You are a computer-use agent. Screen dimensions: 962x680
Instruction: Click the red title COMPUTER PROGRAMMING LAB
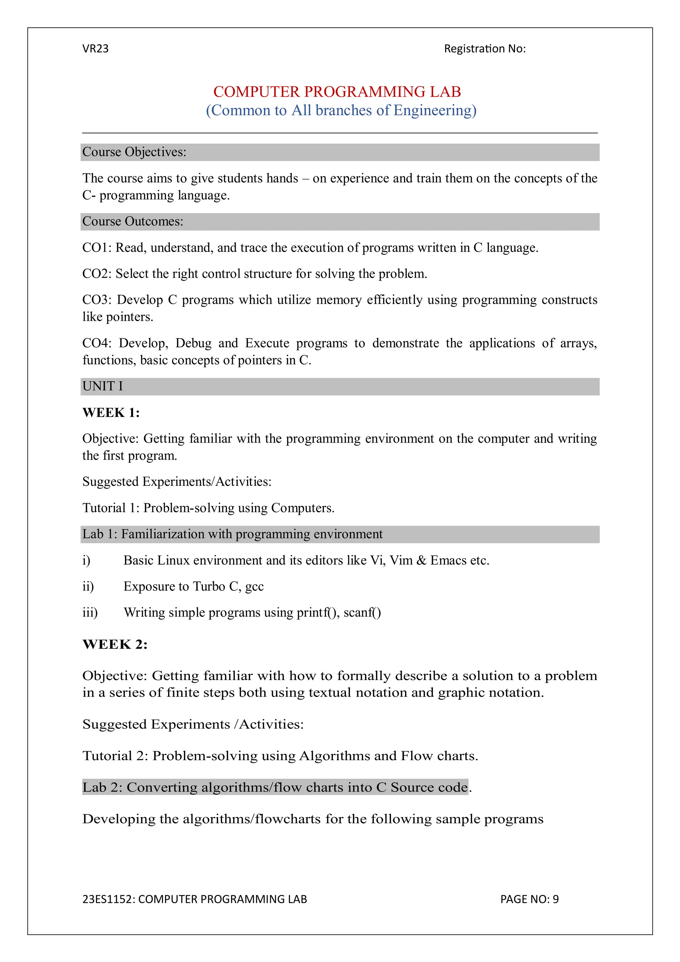(x=337, y=92)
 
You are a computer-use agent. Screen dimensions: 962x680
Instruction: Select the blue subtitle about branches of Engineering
(x=341, y=110)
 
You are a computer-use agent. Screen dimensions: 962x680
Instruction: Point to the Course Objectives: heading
(x=134, y=152)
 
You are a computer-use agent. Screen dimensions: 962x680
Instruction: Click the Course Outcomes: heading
(x=132, y=221)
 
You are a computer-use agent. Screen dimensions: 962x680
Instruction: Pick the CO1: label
(x=96, y=248)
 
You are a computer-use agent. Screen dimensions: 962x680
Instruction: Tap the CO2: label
(x=96, y=274)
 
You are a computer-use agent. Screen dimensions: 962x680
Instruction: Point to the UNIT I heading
(x=103, y=386)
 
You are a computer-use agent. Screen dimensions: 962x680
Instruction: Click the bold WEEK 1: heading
(x=111, y=413)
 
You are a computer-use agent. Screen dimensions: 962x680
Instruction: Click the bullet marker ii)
(x=88, y=586)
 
